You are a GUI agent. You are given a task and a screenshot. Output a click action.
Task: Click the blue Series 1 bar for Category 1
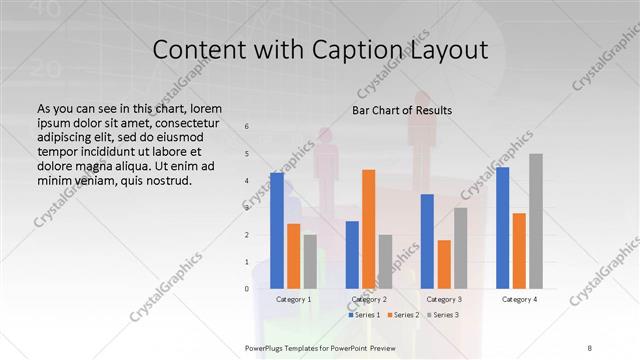pos(277,230)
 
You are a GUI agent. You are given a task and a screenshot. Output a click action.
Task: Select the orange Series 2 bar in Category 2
pos(368,229)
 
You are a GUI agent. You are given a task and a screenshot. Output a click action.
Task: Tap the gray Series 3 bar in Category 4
pos(535,221)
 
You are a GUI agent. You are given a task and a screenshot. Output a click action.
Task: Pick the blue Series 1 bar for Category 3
pos(427,241)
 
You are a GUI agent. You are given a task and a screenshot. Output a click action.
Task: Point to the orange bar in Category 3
pos(443,264)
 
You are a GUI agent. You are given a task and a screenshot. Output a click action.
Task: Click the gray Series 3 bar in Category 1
pos(310,261)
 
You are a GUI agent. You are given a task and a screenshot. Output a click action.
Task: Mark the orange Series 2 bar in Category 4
pos(519,250)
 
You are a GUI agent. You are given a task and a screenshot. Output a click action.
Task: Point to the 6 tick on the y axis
pos(247,126)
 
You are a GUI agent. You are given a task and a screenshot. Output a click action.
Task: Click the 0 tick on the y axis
pos(247,289)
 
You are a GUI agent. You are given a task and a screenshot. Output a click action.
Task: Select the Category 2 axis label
pos(368,299)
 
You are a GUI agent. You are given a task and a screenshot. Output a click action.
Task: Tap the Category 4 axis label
pos(519,299)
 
